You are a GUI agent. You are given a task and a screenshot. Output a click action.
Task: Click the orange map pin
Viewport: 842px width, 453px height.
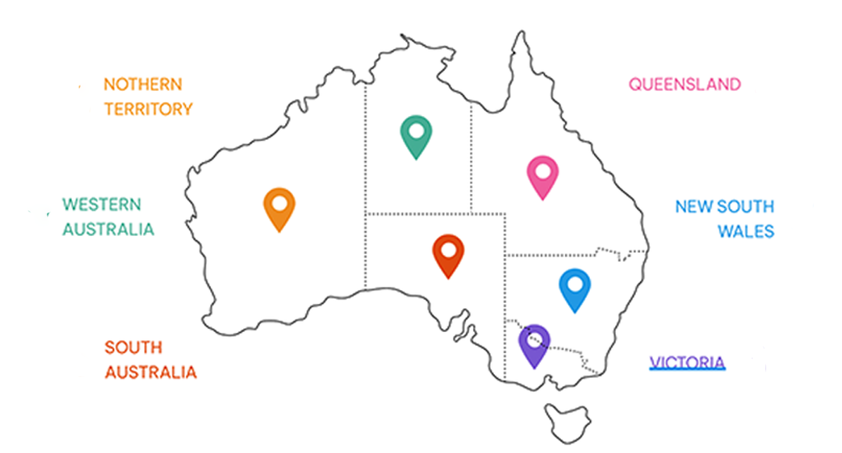coord(279,208)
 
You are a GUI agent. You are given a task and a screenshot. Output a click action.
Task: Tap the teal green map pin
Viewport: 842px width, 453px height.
coord(417,136)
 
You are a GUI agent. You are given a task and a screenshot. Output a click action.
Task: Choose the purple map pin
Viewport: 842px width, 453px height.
coord(534,345)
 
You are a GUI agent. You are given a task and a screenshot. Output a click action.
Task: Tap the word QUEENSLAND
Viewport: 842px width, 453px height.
coord(684,84)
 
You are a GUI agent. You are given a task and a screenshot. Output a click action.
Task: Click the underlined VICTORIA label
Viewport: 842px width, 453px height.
coord(687,362)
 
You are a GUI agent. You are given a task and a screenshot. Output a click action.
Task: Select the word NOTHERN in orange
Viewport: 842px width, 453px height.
coord(143,84)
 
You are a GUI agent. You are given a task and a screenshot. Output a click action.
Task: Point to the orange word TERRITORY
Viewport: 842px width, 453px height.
coord(148,109)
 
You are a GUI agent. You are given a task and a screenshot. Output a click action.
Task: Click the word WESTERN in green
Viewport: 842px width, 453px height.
coord(101,204)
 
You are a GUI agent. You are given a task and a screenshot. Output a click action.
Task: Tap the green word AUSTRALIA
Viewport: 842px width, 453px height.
coord(108,229)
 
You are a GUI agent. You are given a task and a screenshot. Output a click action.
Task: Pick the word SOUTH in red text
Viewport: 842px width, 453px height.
coord(133,347)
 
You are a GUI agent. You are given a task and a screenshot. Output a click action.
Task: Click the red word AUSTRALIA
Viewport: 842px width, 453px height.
coord(151,372)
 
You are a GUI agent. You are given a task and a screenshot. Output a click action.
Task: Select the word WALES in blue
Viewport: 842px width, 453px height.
coord(746,232)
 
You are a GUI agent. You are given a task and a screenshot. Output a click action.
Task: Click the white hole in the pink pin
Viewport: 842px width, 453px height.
coord(543,171)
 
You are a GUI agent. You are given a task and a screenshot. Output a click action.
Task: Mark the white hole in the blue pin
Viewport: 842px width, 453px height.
coord(575,283)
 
